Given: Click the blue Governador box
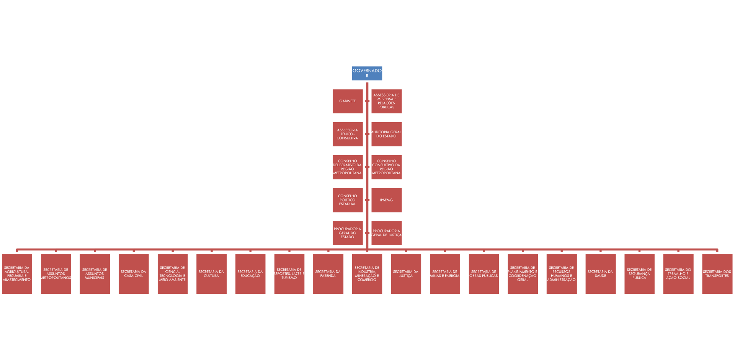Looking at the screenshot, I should [367, 73].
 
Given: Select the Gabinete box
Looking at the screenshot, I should [348, 101].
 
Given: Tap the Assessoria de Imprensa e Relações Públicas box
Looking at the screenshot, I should [386, 101].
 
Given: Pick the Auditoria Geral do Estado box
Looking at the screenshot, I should [386, 134].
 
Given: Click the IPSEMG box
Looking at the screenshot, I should [386, 200].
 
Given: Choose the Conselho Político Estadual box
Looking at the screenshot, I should [348, 200].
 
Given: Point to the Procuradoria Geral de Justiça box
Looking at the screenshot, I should [386, 233].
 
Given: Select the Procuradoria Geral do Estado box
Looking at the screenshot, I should [348, 233].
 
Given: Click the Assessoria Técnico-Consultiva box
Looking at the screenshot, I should [348, 134].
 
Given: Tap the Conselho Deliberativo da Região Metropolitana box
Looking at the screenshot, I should [348, 167].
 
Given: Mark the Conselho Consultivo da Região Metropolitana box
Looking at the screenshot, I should [386, 167].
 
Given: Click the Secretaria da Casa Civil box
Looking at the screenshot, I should [134, 274].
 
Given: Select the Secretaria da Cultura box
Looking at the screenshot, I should [211, 274].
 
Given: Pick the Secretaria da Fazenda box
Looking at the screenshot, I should [328, 274].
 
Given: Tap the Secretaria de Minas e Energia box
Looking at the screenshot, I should [445, 274].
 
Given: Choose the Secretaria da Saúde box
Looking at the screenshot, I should [600, 274].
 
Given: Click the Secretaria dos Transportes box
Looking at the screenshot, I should [717, 274].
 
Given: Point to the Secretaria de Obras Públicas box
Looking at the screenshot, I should [483, 274].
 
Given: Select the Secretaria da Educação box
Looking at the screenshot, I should [250, 274].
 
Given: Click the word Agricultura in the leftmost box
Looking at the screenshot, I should [16, 272].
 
